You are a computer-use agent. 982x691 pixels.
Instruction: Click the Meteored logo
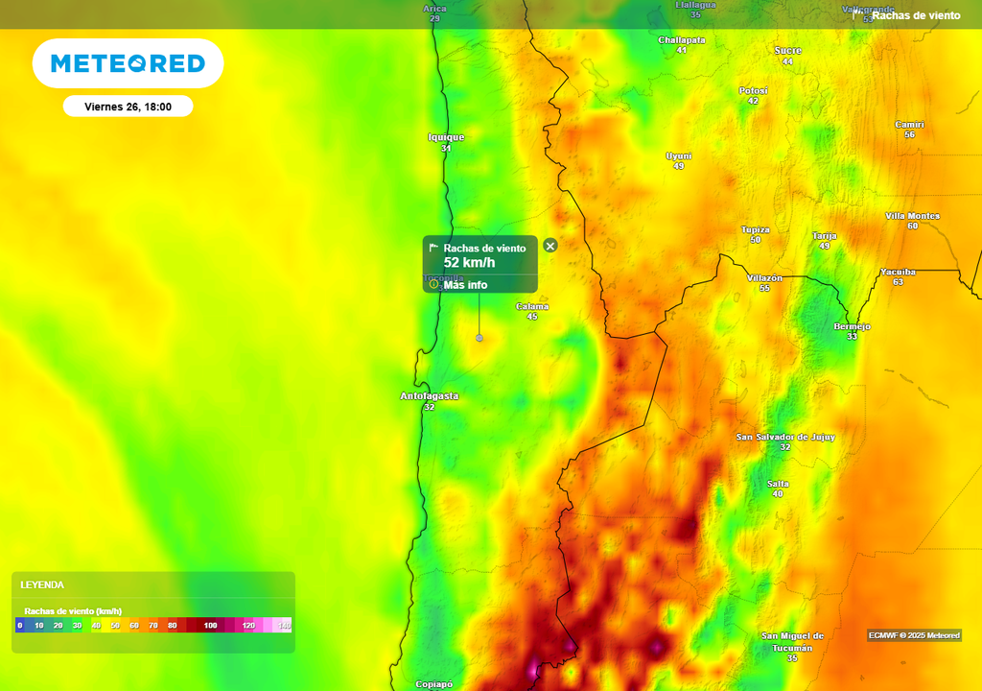[x=128, y=64]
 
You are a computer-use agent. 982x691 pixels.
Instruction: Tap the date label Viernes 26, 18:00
[x=128, y=107]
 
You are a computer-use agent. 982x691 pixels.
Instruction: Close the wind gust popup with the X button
[x=550, y=246]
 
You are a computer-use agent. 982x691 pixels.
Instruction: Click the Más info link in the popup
[x=465, y=285]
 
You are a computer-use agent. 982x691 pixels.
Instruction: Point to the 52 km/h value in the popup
[x=469, y=262]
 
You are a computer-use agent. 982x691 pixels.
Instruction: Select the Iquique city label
[x=446, y=137]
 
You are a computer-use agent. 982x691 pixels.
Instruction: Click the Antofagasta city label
[x=429, y=395]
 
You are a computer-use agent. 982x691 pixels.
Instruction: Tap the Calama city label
[x=532, y=306]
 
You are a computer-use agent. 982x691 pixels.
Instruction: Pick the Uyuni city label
[x=678, y=155]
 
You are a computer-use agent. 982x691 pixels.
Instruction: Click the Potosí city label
[x=753, y=90]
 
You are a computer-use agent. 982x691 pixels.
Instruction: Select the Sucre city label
[x=787, y=50]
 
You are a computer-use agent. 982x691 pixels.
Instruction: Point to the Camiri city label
[x=909, y=125]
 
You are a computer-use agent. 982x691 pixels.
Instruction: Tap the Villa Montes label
[x=912, y=216]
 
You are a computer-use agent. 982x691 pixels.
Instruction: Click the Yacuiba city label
[x=898, y=272]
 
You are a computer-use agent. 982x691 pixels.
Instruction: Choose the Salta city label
[x=777, y=483]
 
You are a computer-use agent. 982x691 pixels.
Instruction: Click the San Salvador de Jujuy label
[x=785, y=437]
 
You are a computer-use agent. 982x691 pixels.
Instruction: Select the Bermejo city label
[x=852, y=326]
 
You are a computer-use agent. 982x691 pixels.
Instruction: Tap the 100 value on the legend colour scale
[x=210, y=626]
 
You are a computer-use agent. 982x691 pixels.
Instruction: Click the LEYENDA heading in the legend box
[x=42, y=584]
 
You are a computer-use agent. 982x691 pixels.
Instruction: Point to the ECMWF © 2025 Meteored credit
[x=914, y=635]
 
